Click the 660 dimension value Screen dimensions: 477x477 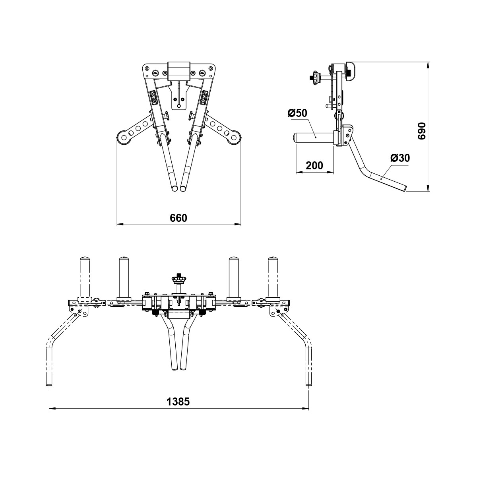178,218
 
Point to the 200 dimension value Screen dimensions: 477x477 315,165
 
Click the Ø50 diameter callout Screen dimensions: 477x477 297,113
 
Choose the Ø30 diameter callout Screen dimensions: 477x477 400,158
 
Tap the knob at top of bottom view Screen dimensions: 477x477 178,279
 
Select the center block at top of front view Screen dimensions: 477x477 179,71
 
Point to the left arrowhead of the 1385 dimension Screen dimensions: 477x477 51,408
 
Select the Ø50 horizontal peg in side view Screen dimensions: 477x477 314,138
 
